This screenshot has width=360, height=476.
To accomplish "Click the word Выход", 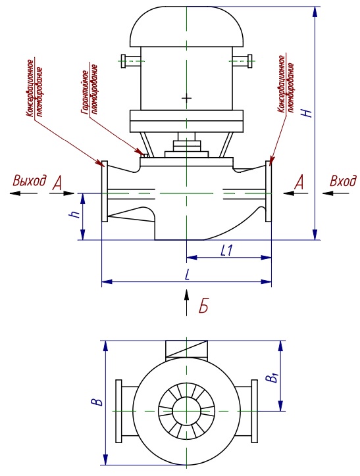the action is tap(30, 181).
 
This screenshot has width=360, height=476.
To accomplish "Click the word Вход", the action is tap(343, 181).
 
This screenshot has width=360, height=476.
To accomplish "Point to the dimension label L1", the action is tap(226, 250).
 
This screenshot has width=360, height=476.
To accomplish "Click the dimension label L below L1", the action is tap(188, 275).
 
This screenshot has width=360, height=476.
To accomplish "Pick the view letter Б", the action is tap(203, 306).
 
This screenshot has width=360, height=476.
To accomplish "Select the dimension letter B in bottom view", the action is tap(97, 402).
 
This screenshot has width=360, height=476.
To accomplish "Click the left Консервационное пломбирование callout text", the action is tap(34, 88).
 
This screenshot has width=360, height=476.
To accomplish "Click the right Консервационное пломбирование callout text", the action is tap(286, 84).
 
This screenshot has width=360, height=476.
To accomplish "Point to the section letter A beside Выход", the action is tap(57, 183).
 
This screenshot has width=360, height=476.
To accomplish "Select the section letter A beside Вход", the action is tap(299, 182).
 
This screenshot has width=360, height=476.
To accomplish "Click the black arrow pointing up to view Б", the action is tap(186, 302).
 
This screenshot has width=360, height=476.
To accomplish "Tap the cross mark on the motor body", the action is tap(186, 98).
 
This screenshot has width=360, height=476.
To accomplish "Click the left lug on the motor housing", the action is tap(131, 61).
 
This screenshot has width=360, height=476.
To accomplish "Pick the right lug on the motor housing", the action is tap(242, 61).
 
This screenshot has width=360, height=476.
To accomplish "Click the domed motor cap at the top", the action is tap(186, 27).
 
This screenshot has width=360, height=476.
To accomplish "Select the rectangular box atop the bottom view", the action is tap(186, 350).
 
